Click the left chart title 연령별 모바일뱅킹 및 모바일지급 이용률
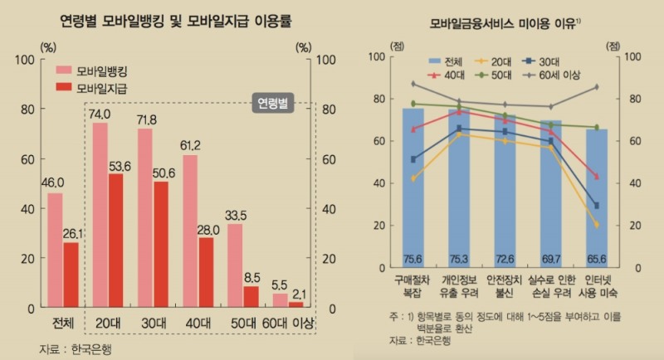tap(175, 18)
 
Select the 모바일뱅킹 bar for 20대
tap(100, 215)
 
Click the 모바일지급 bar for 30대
tap(161, 245)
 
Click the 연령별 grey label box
tap(273, 104)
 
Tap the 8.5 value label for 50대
tap(252, 277)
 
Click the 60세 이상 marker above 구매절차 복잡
tap(413, 84)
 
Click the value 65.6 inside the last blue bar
tap(603, 258)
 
